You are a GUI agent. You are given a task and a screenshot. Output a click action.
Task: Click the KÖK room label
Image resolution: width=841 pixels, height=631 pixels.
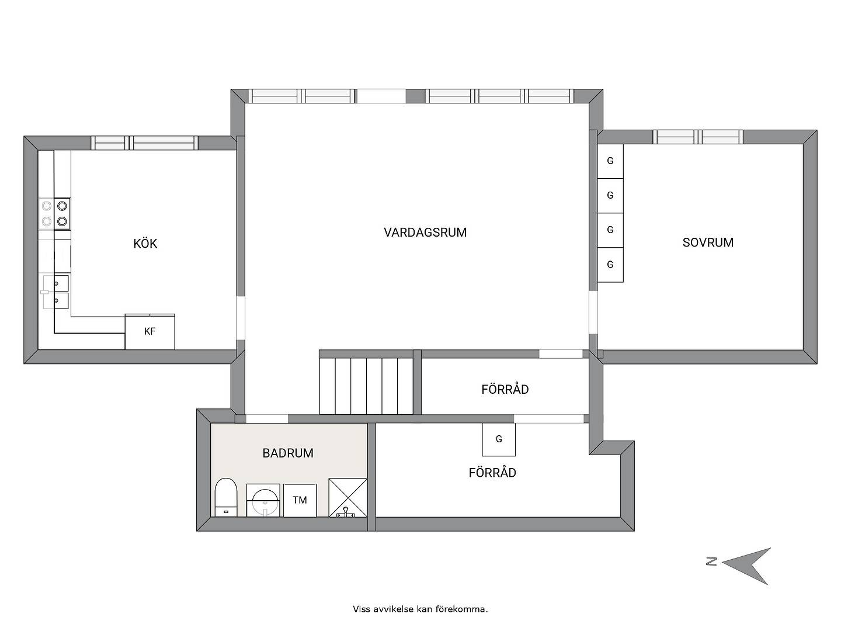point(145,243)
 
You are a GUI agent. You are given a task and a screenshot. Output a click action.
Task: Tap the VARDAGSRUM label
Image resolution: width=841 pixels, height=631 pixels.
point(425,232)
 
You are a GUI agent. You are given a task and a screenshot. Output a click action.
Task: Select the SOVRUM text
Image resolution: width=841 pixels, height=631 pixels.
point(708,242)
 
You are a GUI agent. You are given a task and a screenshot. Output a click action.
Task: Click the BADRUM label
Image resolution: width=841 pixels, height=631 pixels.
point(288,453)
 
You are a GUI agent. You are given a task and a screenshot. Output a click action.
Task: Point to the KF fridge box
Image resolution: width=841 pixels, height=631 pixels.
point(150,331)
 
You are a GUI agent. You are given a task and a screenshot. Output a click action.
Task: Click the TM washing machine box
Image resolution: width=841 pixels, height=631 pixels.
point(300,500)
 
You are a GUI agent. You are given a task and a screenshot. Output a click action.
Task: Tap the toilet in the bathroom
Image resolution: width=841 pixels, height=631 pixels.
point(225,497)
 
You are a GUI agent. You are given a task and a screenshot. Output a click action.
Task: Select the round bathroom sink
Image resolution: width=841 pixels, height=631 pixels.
point(263,500)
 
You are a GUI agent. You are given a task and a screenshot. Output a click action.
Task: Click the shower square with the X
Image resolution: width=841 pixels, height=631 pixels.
point(348,497)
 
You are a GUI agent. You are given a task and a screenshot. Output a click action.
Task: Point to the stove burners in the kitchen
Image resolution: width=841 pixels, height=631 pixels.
point(54,213)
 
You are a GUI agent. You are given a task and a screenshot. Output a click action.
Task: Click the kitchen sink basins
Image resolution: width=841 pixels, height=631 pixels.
point(56,292)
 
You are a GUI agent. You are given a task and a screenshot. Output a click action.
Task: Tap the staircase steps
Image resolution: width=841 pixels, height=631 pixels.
point(366,386)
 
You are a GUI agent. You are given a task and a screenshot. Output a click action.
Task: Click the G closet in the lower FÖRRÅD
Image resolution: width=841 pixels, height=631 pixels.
point(499,439)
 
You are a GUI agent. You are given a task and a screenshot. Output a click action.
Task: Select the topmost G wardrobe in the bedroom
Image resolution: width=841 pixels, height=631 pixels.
point(610,161)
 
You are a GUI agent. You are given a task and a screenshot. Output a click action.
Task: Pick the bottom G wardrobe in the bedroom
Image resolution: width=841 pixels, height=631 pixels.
point(610,265)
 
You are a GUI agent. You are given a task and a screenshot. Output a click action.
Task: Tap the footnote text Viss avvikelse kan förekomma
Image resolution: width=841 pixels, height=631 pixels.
point(420,609)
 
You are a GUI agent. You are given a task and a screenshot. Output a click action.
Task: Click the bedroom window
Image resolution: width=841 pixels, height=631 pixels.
point(698,137)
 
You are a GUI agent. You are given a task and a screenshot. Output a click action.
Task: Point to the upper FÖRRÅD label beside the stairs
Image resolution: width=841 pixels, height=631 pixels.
point(505,389)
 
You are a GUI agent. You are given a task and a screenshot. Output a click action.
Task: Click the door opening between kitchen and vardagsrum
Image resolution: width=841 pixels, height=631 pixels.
point(241,318)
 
